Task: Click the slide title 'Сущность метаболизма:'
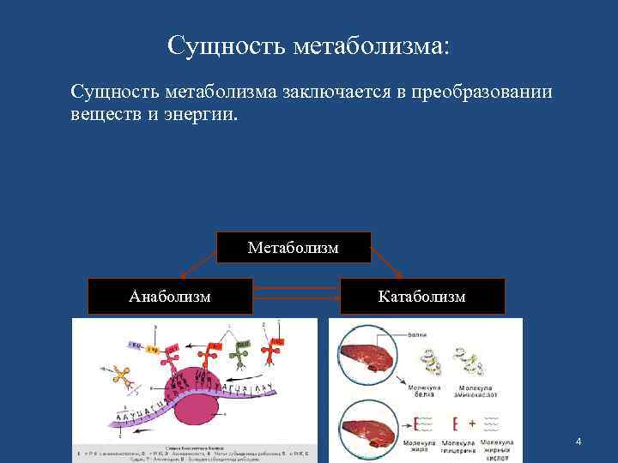click(308, 45)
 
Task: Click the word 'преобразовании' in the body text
click(482, 91)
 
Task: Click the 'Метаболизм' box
click(293, 248)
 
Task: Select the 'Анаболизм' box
click(170, 297)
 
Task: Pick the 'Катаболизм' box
click(422, 297)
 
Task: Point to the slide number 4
click(579, 441)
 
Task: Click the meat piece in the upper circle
click(367, 356)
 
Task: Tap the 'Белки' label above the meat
click(419, 334)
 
